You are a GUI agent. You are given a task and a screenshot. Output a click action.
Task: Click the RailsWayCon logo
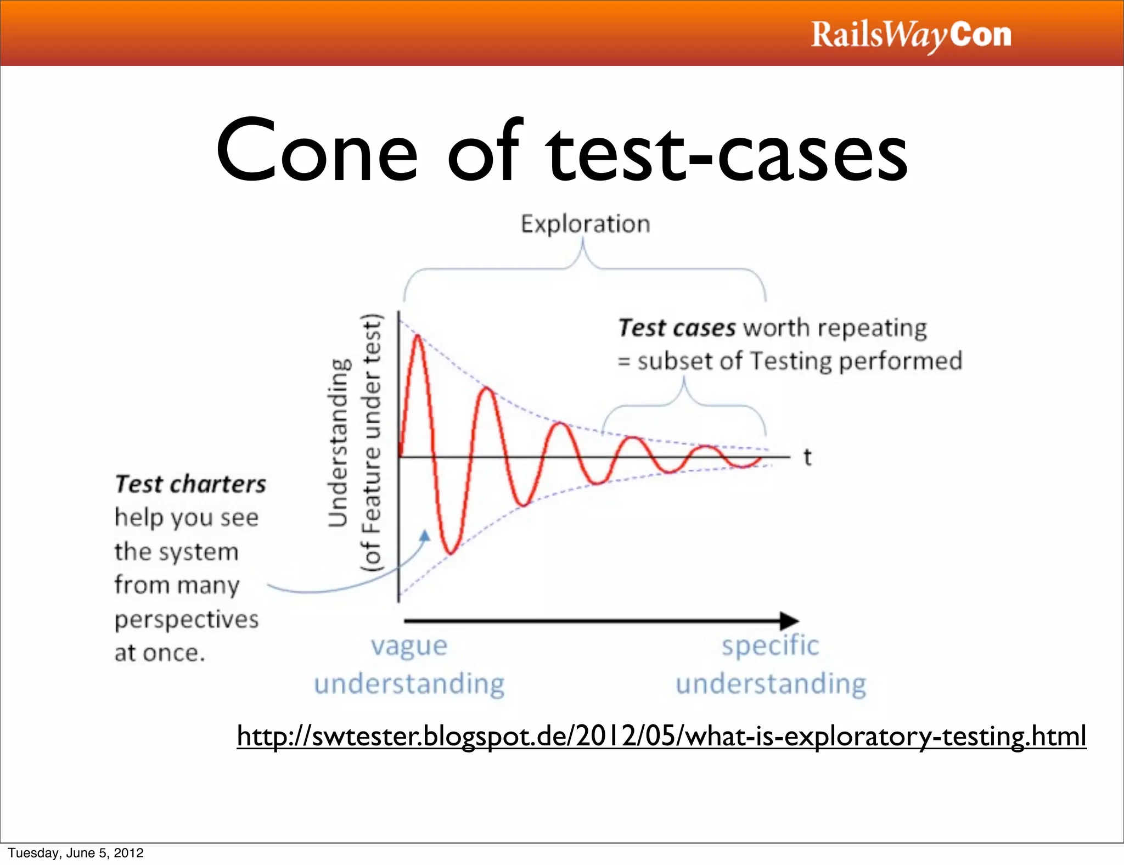911,35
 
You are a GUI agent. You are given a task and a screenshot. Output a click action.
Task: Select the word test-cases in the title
727,151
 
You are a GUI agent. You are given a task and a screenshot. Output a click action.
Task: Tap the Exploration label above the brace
586,224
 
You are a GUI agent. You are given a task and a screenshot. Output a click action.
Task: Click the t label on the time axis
807,457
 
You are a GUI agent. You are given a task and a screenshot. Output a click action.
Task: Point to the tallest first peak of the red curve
418,336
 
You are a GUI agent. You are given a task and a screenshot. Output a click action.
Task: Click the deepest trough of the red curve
451,552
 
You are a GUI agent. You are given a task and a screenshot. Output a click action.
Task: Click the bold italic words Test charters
190,485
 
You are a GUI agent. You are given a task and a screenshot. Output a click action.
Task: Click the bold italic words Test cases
677,328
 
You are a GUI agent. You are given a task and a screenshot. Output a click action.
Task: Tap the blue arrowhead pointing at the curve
425,536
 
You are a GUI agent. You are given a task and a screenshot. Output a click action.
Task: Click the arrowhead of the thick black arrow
789,621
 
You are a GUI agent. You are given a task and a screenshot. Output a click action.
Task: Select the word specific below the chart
770,646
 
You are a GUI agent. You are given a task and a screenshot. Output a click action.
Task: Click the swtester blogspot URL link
661,736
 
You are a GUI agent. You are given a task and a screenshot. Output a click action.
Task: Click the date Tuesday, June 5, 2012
76,853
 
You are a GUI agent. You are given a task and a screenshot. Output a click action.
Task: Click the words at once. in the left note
160,653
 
